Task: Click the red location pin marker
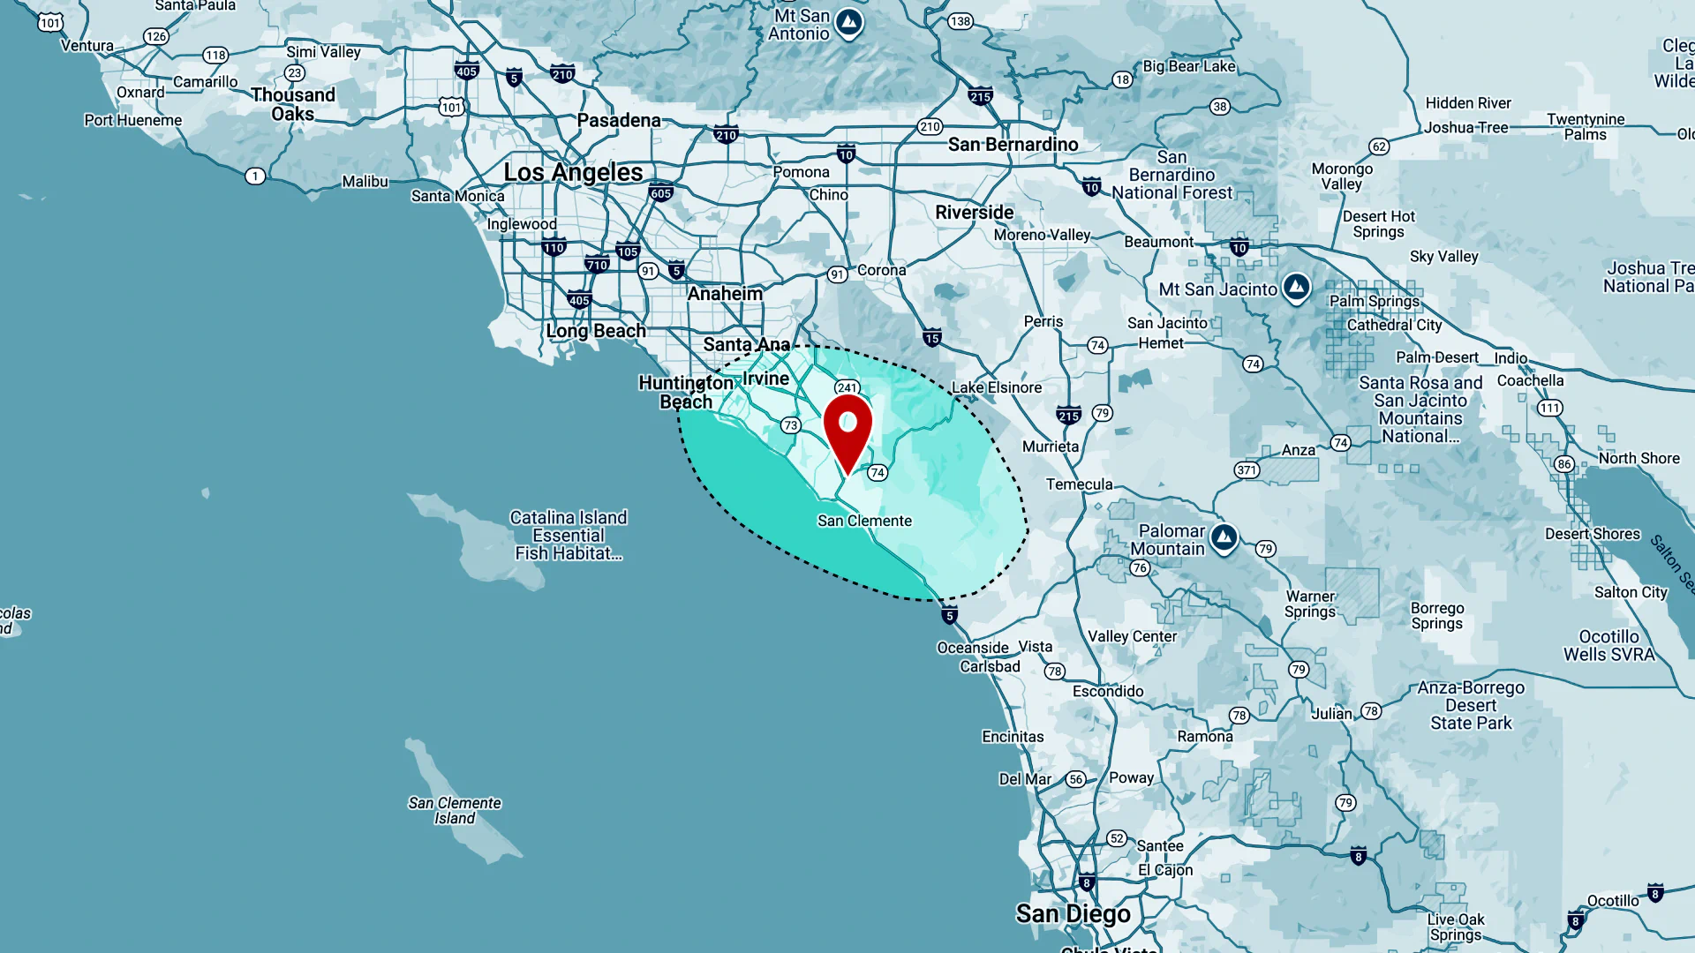(x=847, y=430)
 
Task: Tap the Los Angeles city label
(x=573, y=172)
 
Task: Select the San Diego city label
(x=1073, y=913)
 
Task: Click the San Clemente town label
(x=864, y=521)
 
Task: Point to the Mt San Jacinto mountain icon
(x=1296, y=287)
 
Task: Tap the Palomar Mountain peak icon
(x=1224, y=537)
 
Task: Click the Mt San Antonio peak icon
(x=849, y=22)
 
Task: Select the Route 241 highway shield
(x=847, y=387)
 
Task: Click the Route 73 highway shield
(x=790, y=425)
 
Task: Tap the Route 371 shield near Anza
(x=1247, y=470)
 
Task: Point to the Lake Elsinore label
(x=996, y=387)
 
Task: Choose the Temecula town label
(x=1079, y=484)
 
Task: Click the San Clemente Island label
(x=455, y=810)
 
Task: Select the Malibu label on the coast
(x=365, y=181)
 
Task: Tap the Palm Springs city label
(x=1374, y=301)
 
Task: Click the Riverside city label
(x=974, y=213)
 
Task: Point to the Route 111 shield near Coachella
(x=1549, y=408)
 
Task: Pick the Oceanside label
(x=972, y=648)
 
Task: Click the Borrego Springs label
(x=1436, y=616)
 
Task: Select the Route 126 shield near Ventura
(x=156, y=36)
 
